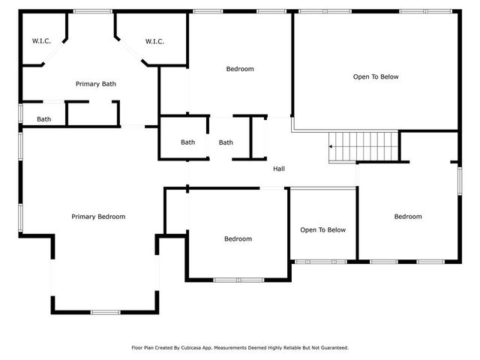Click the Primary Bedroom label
click(98, 217)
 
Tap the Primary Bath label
click(95, 84)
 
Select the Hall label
click(279, 169)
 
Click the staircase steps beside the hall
click(365, 145)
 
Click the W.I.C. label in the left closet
click(41, 41)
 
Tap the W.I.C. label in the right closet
click(154, 41)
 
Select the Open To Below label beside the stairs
click(376, 76)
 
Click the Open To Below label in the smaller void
click(322, 230)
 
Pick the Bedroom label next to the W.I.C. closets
click(240, 69)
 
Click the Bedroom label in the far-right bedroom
click(408, 217)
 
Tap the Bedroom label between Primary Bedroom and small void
click(238, 239)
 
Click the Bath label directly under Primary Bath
click(44, 119)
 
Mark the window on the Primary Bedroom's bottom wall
click(105, 312)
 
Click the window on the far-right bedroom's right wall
click(458, 181)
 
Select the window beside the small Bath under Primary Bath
click(21, 115)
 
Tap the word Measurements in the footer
click(244, 348)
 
